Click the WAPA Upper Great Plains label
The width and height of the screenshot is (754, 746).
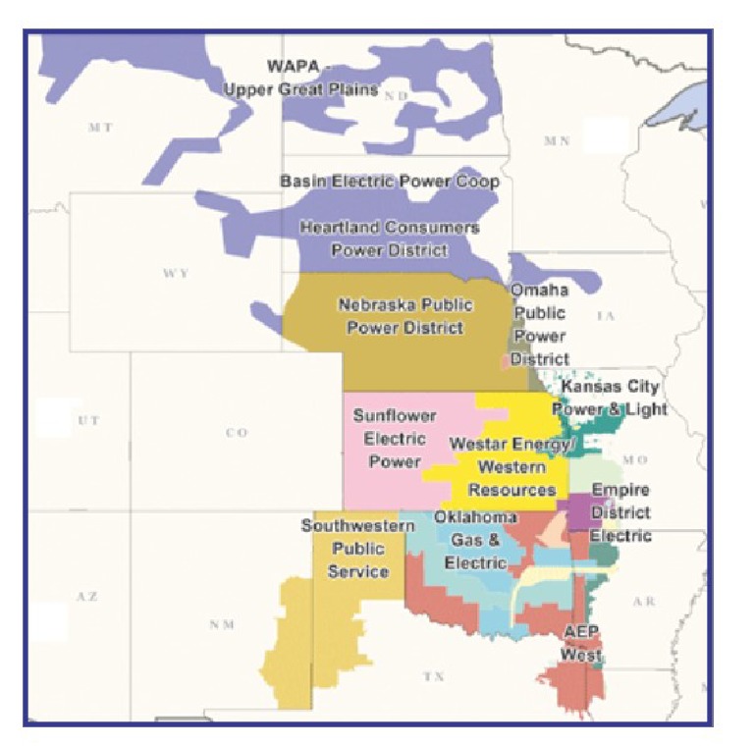coord(300,79)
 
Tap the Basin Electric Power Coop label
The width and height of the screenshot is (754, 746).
coord(390,182)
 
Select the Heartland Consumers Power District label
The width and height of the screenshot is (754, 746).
coord(390,239)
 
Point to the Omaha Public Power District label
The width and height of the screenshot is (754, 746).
coord(539,325)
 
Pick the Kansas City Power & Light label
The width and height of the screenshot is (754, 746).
coord(610,398)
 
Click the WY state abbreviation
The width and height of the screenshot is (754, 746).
coord(177,273)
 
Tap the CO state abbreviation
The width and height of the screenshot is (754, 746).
coord(237,433)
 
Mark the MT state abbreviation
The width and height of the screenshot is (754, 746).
coord(100,128)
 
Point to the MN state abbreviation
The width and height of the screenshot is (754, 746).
coord(558,141)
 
